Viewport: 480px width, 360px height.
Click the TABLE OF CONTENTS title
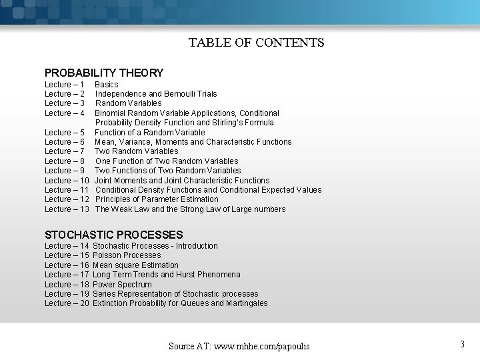256,43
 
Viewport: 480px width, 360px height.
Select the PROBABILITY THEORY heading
103,73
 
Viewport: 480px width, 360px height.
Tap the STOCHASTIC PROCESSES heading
113,235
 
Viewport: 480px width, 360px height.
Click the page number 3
462,344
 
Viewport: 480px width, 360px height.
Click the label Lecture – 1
64,85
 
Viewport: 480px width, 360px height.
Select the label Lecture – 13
67,209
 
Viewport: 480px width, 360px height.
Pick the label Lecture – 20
67,303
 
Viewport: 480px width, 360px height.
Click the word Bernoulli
181,94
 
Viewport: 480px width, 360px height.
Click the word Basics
107,85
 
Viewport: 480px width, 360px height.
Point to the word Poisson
107,255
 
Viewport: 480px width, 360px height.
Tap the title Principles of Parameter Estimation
157,199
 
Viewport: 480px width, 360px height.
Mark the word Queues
195,303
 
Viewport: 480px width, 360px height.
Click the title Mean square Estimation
135,265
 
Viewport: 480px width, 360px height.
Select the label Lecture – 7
64,151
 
